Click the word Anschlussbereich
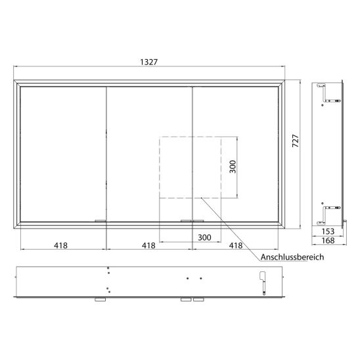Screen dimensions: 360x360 tap(292, 258)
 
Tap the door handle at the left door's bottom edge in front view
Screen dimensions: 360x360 tap(100, 221)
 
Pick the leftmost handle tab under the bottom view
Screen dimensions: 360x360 tap(100, 299)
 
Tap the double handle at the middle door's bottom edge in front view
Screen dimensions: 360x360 tap(191, 221)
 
